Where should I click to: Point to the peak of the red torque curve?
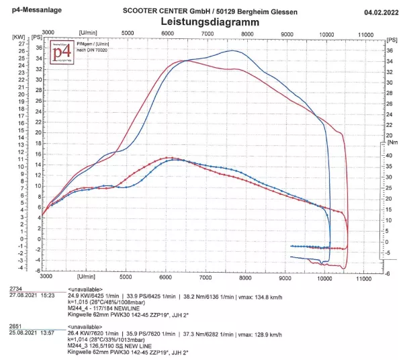(167, 158)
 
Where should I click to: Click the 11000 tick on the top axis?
(365, 34)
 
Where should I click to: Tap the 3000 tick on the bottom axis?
(46, 276)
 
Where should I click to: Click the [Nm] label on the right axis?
(393, 142)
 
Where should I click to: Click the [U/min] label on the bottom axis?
(88, 276)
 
